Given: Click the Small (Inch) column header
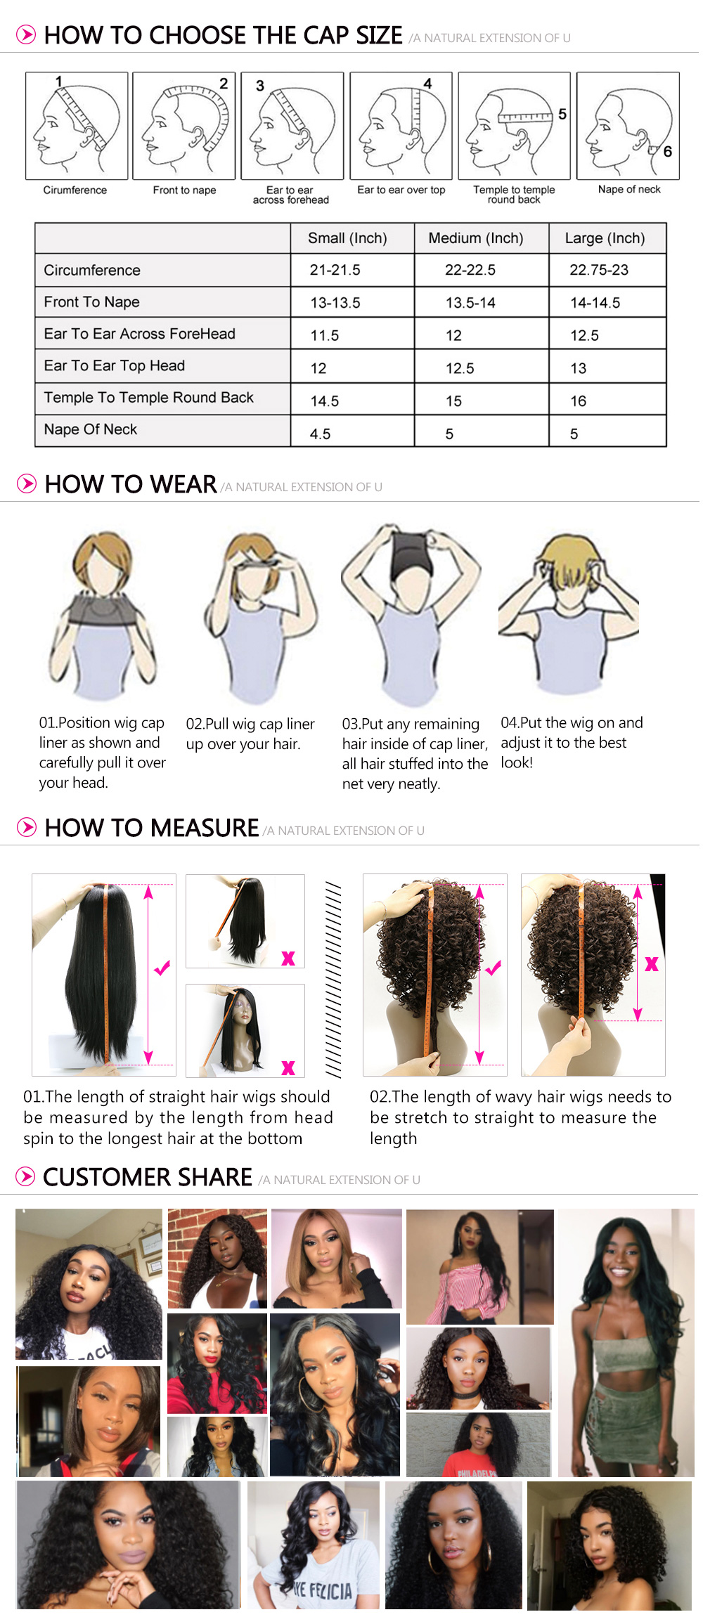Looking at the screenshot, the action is coord(347,238).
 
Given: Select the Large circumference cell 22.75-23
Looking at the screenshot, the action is coord(599,270).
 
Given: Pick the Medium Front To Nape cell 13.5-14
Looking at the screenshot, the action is coord(470,303).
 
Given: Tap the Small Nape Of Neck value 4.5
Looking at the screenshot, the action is coord(320,434).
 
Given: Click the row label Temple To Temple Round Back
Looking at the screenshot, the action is coord(148,398).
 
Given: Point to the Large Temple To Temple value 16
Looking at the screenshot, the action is coord(578,401).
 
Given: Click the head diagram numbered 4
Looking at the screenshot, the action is coord(401,126).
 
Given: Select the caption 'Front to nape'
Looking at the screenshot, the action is coord(184,190).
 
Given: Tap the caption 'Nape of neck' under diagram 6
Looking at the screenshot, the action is coord(629,190).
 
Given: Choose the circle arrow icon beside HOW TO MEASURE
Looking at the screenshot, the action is coord(27,827).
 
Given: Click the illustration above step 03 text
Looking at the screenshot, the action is coord(411,615).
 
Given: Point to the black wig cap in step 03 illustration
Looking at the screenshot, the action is coord(411,555).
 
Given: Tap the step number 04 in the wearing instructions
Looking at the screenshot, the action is coord(510,723).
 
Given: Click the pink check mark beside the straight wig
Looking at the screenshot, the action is coord(162,968).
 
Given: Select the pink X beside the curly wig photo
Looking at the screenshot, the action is coord(652,964).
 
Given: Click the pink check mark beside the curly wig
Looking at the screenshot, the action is coord(493,968).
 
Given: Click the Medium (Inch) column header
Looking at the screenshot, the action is coord(476,238).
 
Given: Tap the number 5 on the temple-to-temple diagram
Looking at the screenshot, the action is coord(562,114).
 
